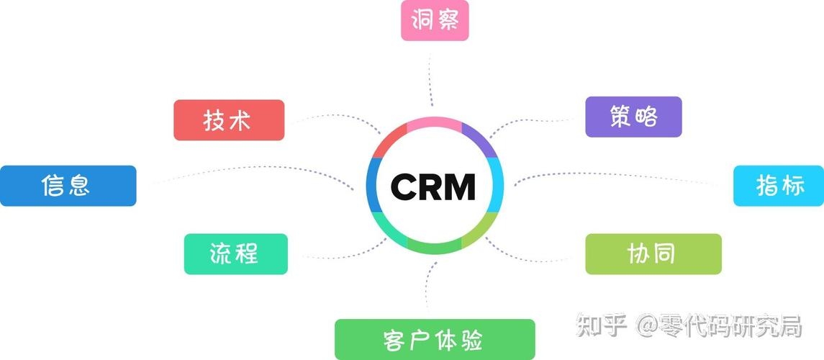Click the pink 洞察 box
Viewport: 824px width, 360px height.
click(435, 20)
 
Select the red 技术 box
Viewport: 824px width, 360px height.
click(229, 120)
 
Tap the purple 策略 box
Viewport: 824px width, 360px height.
click(633, 116)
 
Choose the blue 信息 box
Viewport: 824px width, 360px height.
click(68, 186)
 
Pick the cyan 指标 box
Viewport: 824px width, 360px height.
click(779, 186)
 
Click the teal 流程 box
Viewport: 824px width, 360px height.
click(235, 253)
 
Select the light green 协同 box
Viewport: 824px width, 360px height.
click(653, 253)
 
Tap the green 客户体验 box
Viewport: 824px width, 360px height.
click(435, 339)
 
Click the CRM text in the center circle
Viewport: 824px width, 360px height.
click(433, 187)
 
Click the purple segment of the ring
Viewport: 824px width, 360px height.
click(479, 138)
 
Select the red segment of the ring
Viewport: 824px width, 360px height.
click(390, 139)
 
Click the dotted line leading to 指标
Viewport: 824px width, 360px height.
click(619, 174)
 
